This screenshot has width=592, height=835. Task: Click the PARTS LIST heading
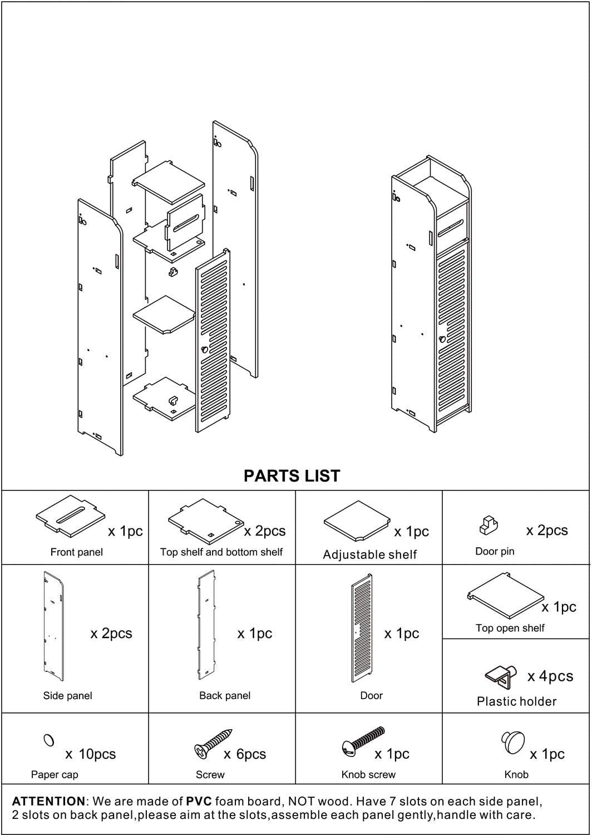(292, 476)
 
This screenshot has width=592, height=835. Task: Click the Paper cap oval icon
(48, 740)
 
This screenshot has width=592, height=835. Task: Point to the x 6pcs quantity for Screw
(245, 754)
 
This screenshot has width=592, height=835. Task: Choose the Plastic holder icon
(502, 676)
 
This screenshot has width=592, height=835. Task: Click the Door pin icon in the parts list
(487, 525)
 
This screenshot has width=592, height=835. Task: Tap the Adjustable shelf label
(369, 554)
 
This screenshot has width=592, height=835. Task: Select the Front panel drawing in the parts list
(70, 516)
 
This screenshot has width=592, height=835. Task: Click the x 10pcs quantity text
(91, 754)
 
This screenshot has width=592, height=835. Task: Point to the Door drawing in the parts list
(362, 627)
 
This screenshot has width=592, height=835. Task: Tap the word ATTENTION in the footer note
(48, 802)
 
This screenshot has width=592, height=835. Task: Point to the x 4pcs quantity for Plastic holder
(550, 676)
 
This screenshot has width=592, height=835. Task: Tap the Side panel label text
(67, 695)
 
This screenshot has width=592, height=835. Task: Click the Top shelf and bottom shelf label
(221, 552)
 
